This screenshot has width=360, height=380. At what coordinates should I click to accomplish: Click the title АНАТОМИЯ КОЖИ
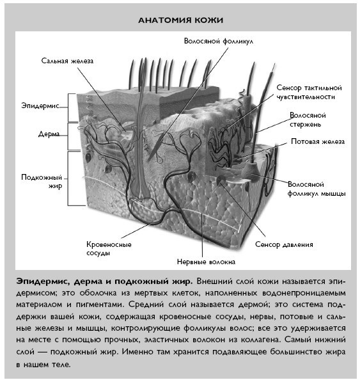tap(181, 20)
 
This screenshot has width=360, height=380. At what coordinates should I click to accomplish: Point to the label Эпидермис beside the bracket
tap(40, 104)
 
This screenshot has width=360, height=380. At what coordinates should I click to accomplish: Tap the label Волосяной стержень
tap(309, 121)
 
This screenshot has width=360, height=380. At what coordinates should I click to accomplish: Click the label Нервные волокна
tap(206, 262)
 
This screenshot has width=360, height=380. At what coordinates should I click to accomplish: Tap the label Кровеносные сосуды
tap(109, 248)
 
